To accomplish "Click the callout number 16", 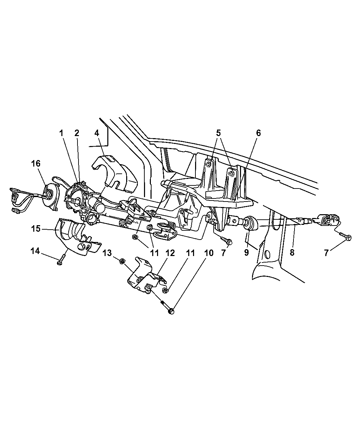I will pyautogui.click(x=36, y=164).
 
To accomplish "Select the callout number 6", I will pyautogui.click(x=258, y=133).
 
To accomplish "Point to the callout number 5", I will pyautogui.click(x=218, y=133).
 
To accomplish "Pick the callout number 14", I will pyautogui.click(x=35, y=251).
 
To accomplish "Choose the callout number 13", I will pyautogui.click(x=107, y=253).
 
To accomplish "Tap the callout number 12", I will pyautogui.click(x=170, y=253).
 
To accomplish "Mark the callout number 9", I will pyautogui.click(x=246, y=253).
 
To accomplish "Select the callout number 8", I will pyautogui.click(x=292, y=253).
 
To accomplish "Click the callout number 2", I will pyautogui.click(x=77, y=133).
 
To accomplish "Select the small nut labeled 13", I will pyautogui.click(x=121, y=262).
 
